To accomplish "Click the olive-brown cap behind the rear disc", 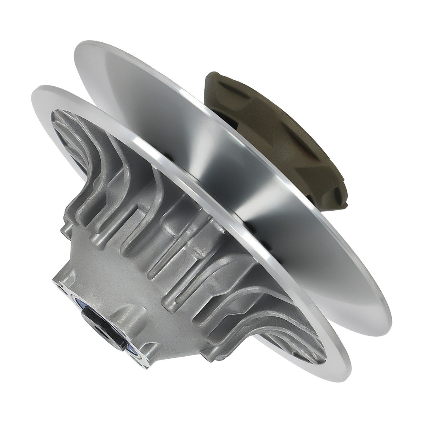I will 279,135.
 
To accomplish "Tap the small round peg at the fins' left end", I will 66,231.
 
